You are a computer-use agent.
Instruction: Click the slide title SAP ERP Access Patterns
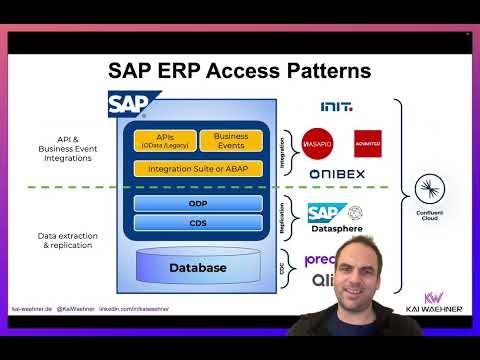[239, 71]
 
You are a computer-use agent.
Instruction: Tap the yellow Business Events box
[231, 140]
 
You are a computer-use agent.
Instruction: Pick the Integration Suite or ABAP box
[198, 168]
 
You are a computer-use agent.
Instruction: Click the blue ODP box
[198, 203]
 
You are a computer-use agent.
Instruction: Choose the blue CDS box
[198, 222]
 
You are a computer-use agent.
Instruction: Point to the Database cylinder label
[197, 267]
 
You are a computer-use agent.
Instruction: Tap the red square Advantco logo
[367, 143]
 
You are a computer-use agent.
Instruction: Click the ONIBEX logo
[337, 175]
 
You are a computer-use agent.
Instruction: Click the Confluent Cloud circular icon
[431, 188]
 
